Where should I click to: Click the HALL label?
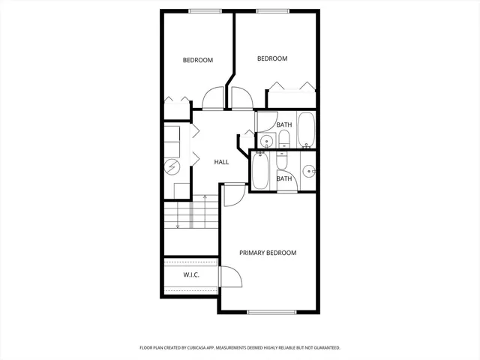point(221,162)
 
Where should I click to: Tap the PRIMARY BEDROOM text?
point(268,253)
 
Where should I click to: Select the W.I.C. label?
point(191,275)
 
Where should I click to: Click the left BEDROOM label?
point(198,60)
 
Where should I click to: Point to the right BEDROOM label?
point(272,58)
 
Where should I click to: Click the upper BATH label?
point(284,124)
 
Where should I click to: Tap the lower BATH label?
point(284,178)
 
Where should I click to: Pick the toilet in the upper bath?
point(284,138)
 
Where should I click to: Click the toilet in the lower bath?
point(281,160)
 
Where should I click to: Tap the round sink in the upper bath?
point(266,140)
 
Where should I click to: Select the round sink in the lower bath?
point(309,172)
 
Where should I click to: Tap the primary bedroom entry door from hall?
point(232,193)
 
